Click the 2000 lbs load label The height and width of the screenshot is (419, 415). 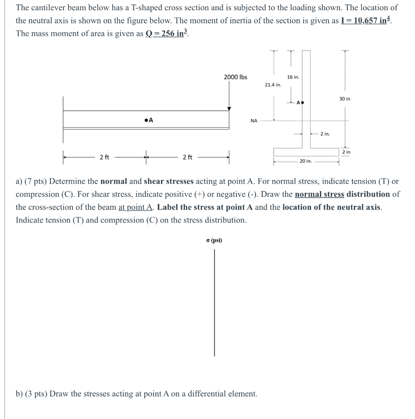pyautogui.click(x=236, y=77)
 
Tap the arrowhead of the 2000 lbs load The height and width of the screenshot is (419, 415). pyautogui.click(x=229, y=109)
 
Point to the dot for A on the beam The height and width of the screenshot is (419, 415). pyautogui.click(x=146, y=120)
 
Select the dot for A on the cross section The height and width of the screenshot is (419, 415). pyautogui.click(x=302, y=102)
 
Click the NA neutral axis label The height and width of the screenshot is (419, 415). pyautogui.click(x=254, y=121)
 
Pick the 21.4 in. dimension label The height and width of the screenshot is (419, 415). pyautogui.click(x=273, y=85)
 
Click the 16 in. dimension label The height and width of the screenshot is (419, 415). pyautogui.click(x=293, y=77)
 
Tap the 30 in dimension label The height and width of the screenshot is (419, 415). pyautogui.click(x=345, y=99)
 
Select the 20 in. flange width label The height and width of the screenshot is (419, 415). pyautogui.click(x=306, y=161)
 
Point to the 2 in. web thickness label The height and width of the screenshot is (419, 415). pyautogui.click(x=325, y=134)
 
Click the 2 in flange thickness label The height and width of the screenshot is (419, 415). pyautogui.click(x=346, y=152)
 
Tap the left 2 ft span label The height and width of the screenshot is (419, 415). pyautogui.click(x=104, y=157)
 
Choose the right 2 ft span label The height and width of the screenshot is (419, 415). pyautogui.click(x=187, y=157)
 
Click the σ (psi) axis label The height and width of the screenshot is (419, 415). pyautogui.click(x=214, y=240)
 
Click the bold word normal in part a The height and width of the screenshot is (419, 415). pyautogui.click(x=114, y=181)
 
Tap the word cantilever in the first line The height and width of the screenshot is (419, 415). pyautogui.click(x=50, y=7)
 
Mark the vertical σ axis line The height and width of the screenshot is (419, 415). pyautogui.click(x=214, y=303)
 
